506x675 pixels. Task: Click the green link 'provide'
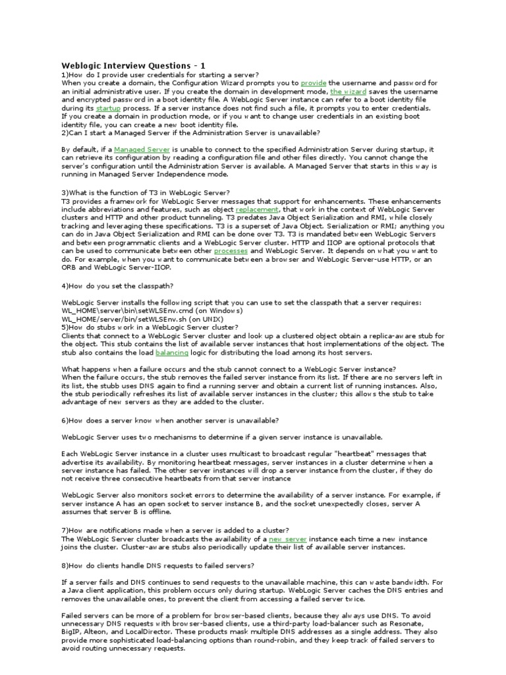point(314,83)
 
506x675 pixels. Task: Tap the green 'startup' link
point(108,107)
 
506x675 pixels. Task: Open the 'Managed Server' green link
point(142,150)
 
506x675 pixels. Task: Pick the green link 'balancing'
point(171,352)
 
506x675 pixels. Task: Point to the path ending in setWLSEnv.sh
point(134,318)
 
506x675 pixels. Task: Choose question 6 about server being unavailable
point(169,420)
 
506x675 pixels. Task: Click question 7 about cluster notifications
point(175,530)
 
